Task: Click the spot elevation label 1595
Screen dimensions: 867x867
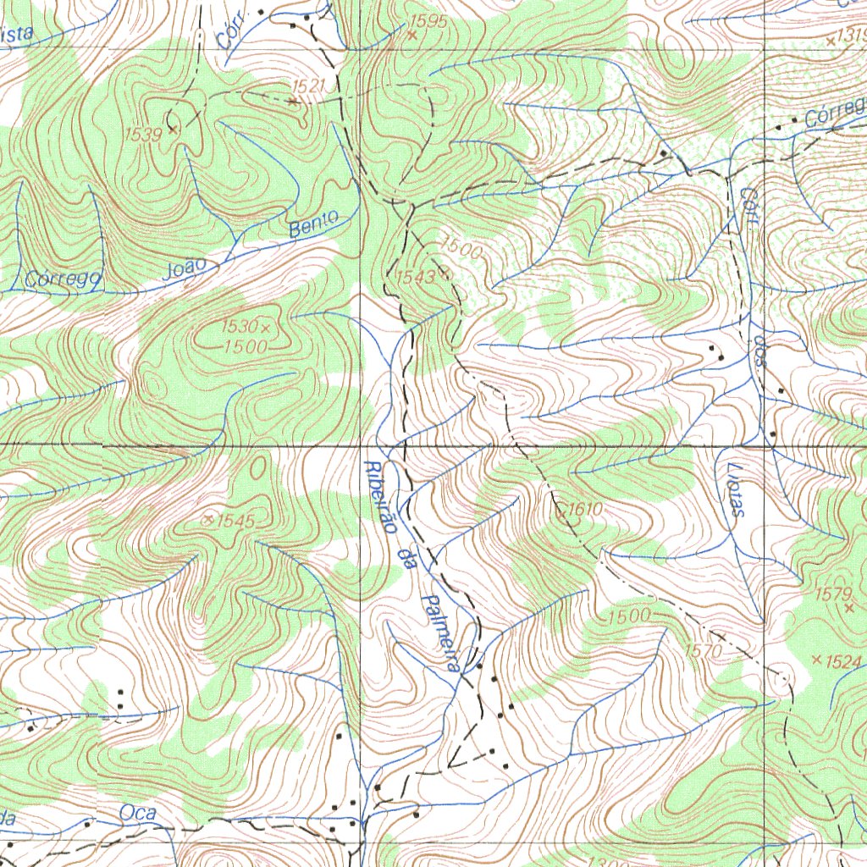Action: [x=427, y=21]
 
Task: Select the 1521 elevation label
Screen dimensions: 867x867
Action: [x=308, y=86]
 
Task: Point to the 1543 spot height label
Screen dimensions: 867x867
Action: [x=415, y=276]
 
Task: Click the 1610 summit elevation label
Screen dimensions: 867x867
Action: [x=583, y=509]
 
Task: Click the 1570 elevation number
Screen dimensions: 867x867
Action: [x=703, y=650]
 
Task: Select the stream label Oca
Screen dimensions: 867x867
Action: [x=138, y=813]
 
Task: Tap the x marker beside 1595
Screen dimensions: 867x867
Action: [x=412, y=36]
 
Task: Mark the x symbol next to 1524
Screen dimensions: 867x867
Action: [x=815, y=660]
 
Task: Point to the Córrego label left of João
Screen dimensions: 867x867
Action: [x=64, y=279]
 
